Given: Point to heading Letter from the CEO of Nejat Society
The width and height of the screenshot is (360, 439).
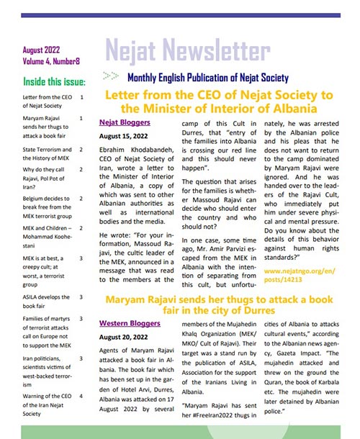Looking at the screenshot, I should [x=210, y=101].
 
